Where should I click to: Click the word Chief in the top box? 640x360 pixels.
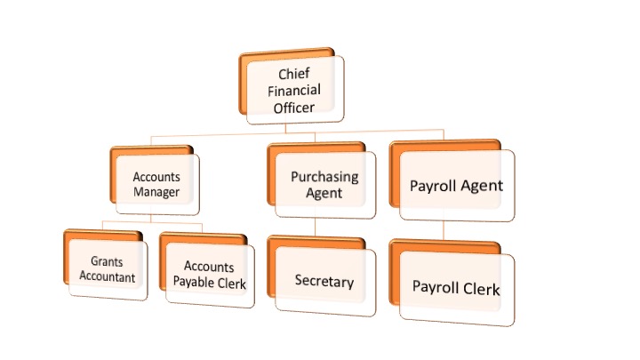294,74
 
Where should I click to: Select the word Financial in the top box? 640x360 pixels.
294,90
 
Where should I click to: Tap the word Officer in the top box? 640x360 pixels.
294,108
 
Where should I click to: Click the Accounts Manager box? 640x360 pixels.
155,180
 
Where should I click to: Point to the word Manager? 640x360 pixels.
156,192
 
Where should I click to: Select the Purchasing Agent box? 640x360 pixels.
322,180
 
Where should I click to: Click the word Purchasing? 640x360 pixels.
324,177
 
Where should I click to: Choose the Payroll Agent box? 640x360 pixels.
452,180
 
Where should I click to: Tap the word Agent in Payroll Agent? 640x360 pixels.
482,186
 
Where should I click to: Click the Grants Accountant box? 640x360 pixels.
106,265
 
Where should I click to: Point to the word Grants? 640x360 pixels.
107,261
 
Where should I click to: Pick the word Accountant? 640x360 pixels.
107,276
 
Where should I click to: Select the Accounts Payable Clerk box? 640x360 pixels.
207,270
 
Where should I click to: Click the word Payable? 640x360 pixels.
192,283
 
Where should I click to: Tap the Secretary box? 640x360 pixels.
322,276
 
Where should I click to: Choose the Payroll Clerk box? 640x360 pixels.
452,283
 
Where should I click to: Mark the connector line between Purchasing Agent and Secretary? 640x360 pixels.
315,227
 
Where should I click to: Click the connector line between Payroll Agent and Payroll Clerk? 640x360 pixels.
444,230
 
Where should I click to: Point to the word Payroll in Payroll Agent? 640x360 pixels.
433,186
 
